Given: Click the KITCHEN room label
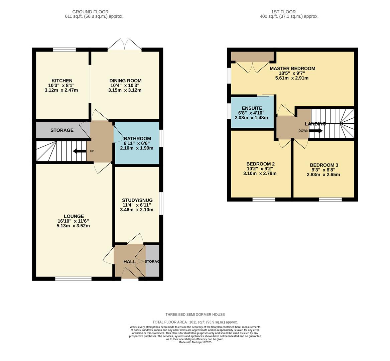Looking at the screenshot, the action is (x=62, y=81).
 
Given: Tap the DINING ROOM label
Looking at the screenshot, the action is (x=125, y=81).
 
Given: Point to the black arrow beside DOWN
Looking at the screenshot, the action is (x=316, y=131).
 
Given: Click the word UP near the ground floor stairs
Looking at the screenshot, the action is (x=92, y=151).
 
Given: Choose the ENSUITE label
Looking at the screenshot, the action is (x=252, y=108).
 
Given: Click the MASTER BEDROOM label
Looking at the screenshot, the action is (x=292, y=69).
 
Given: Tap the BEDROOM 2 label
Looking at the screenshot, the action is (x=260, y=164).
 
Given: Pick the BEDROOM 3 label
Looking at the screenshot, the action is (x=324, y=165).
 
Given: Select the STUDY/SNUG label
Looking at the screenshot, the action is (x=137, y=200).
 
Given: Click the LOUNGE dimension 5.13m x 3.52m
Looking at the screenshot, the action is (x=73, y=226).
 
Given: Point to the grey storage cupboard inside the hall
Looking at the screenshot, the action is (x=152, y=260).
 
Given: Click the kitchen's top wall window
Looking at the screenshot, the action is (x=64, y=49).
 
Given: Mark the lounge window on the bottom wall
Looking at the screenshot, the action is (x=74, y=279).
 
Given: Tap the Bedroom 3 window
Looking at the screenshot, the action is (x=330, y=199).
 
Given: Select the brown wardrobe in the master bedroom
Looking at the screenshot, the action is (x=252, y=56).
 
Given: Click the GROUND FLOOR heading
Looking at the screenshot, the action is (x=91, y=12).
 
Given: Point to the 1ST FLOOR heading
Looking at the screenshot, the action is (x=283, y=12).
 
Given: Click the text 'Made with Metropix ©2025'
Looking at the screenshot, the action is (x=195, y=342).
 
